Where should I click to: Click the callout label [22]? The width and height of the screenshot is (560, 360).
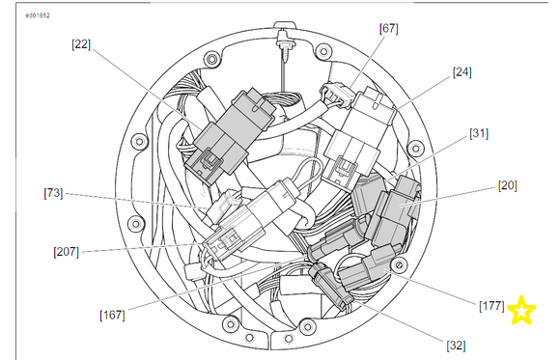[81, 44]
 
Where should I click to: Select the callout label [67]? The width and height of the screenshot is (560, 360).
[388, 28]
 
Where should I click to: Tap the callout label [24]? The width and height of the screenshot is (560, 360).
[462, 72]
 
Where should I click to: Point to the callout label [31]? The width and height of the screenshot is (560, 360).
[479, 133]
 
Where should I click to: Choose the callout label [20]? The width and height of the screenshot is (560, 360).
[507, 185]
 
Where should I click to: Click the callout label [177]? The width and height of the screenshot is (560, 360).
[491, 306]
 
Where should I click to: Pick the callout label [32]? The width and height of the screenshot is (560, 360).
[456, 346]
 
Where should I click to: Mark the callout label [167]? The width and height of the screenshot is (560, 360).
[113, 315]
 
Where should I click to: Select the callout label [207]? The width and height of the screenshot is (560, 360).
[66, 252]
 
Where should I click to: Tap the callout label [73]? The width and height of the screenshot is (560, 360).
[53, 193]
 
